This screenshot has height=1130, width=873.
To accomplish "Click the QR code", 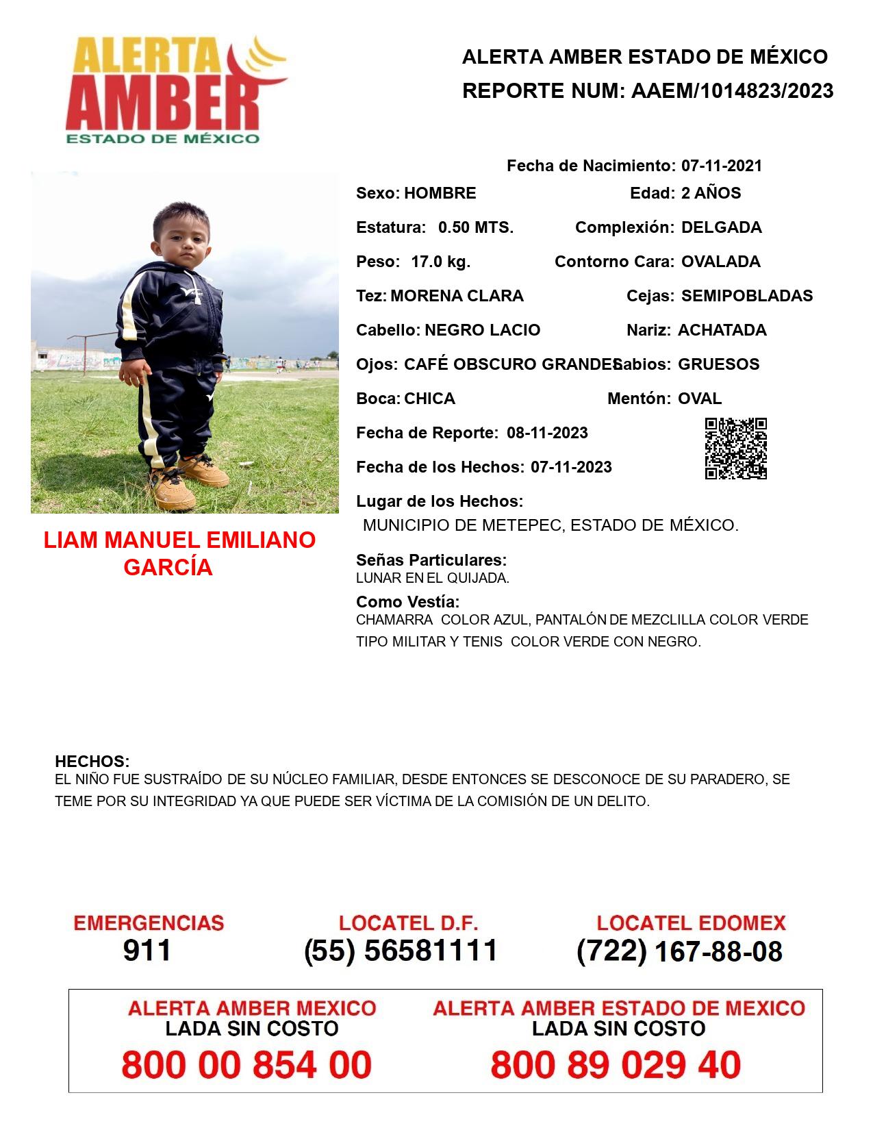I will [x=736, y=449].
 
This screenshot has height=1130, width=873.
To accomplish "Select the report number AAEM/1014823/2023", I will [x=732, y=90].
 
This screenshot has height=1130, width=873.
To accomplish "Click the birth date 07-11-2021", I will [x=721, y=166].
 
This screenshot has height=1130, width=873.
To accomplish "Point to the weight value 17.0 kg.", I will [x=440, y=262].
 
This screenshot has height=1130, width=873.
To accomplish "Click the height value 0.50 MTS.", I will [x=475, y=227].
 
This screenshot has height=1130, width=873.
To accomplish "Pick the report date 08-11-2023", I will [x=547, y=433].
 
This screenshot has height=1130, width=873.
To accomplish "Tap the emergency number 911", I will [x=147, y=951].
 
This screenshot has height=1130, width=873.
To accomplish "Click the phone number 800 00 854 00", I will [x=246, y=1065].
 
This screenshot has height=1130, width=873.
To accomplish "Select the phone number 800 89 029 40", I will [x=616, y=1065].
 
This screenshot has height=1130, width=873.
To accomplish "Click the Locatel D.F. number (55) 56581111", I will [x=401, y=951].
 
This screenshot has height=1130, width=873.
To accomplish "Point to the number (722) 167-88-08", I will [x=679, y=951].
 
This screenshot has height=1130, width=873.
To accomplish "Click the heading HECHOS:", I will [x=92, y=762].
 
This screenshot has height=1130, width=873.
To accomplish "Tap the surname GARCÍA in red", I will [x=168, y=568].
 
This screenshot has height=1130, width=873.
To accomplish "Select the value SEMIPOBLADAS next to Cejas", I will [x=746, y=296].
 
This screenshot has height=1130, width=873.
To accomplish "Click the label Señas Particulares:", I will [x=431, y=560].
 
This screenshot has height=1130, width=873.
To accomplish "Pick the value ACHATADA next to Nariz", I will [x=722, y=330].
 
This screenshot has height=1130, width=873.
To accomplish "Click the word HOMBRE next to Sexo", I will [x=440, y=193].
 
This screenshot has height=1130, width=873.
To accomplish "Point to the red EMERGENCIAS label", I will [x=149, y=923].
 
